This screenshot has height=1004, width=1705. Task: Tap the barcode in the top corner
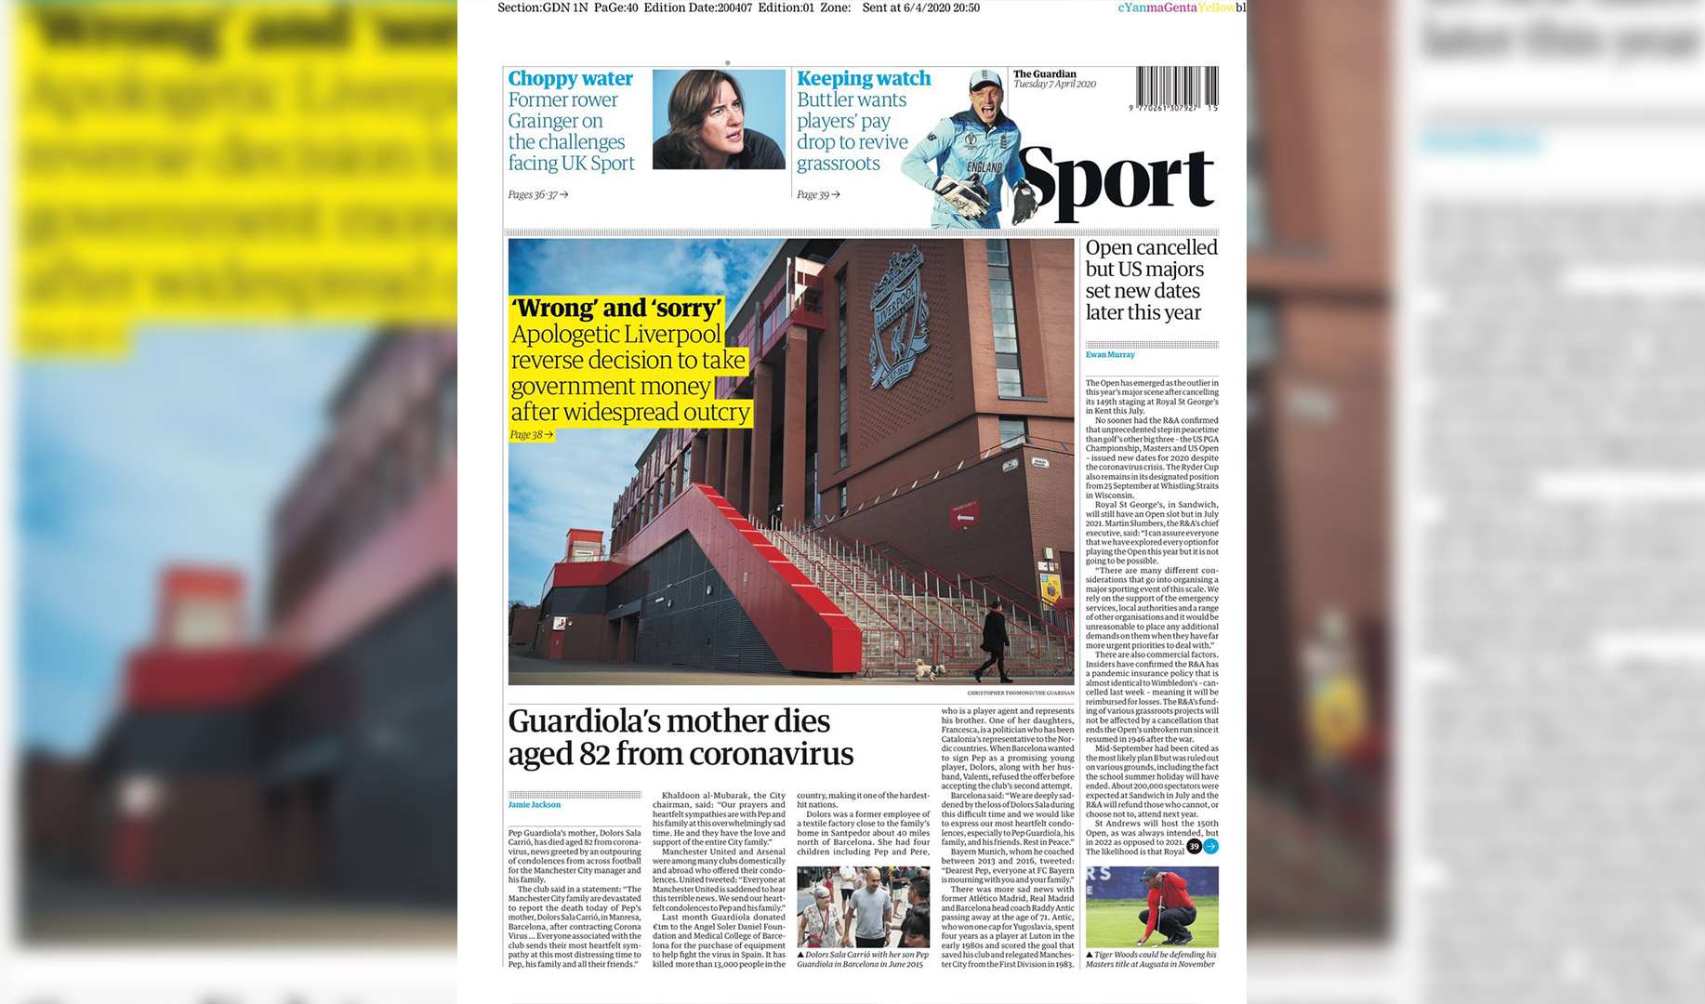click(1176, 86)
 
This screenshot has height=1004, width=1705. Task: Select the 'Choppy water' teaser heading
click(570, 79)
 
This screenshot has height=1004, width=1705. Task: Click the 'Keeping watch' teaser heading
click(864, 79)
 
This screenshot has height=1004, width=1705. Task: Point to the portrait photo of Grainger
click(718, 119)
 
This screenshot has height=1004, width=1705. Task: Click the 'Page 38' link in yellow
click(531, 434)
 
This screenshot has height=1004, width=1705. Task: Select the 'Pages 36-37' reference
click(537, 194)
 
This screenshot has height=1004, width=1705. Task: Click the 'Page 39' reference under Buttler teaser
click(818, 194)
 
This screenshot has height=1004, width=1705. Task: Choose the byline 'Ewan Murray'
click(1110, 354)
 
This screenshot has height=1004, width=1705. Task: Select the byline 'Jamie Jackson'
click(535, 804)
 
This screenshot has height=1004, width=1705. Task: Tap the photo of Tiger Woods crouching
click(1152, 907)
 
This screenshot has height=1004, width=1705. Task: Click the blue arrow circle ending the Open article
click(1210, 846)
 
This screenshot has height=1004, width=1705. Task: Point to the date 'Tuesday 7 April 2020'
click(1054, 85)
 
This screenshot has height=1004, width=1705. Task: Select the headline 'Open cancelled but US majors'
click(1151, 258)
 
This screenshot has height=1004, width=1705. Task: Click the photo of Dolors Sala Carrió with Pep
click(863, 906)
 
